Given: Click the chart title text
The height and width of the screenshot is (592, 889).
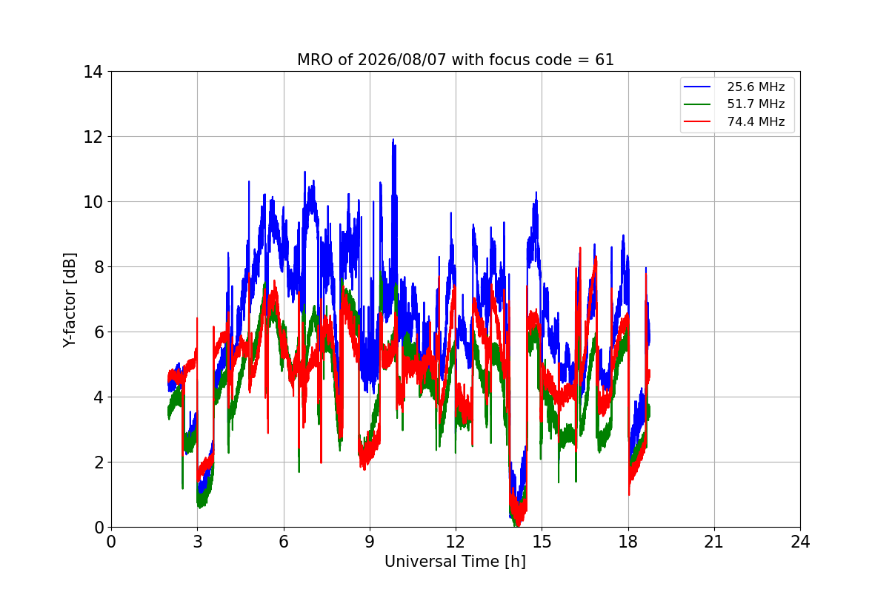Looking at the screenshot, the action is [455, 60].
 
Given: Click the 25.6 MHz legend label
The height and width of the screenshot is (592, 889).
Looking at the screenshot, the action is [756, 87].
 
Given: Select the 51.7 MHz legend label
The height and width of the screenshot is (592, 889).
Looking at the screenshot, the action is [756, 104].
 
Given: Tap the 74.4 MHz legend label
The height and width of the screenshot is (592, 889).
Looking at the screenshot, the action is [756, 121].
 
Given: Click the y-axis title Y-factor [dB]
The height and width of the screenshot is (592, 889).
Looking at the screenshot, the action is [69, 300].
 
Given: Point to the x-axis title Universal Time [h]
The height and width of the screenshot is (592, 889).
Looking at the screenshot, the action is [455, 562].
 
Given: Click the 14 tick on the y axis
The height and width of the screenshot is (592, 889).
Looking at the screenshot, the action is [93, 72].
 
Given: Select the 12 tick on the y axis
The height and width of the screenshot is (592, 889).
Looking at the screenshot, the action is [93, 137].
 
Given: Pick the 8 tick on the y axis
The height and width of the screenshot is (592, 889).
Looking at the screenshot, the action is [98, 267].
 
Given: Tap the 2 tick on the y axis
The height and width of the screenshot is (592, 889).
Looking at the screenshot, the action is [98, 462].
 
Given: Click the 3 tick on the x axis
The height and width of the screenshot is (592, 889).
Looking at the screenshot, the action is [198, 541].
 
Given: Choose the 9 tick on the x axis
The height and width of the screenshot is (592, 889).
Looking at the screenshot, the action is [370, 541].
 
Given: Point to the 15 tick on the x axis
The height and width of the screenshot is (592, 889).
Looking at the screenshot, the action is [542, 541].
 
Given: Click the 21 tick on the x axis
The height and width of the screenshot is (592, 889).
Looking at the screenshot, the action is [714, 541].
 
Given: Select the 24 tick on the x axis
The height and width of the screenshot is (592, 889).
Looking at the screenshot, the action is [800, 541].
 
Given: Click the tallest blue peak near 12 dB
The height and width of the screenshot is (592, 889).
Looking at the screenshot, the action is [393, 140].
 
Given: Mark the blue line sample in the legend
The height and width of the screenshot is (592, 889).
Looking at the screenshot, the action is [697, 87].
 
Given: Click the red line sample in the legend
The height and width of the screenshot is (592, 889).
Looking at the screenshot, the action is [697, 121].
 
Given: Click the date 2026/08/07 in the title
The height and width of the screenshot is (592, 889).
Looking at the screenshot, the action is [402, 60].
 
